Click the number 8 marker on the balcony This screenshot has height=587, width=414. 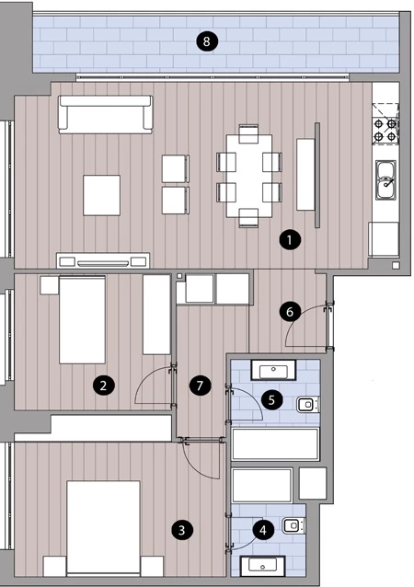[206, 40]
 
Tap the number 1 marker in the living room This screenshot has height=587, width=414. [290, 240]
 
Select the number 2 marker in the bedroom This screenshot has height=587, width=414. [103, 386]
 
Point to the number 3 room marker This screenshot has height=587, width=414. [182, 530]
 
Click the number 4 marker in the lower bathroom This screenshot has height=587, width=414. [263, 530]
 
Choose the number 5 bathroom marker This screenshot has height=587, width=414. [271, 400]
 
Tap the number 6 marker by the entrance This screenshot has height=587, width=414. [290, 312]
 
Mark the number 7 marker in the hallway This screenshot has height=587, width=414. [200, 386]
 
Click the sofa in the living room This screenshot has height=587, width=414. [106, 114]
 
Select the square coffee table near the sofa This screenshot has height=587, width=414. [102, 195]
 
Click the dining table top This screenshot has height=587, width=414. [249, 176]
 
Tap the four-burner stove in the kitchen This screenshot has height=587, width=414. [385, 131]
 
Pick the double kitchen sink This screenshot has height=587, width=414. [385, 180]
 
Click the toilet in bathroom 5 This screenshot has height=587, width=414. [308, 405]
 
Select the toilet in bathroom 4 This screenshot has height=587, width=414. [293, 525]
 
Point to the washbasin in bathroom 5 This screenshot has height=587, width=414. [273, 371]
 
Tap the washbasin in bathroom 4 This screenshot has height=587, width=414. [263, 566]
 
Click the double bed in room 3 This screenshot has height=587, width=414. [103, 527]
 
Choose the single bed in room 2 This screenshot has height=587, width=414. [82, 319]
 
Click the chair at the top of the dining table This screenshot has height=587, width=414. [248, 133]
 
